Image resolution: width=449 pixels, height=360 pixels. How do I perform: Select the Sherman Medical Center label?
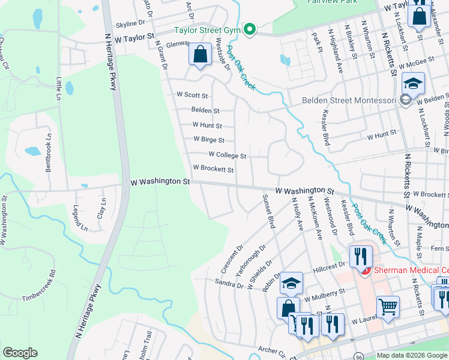(x=411, y=270)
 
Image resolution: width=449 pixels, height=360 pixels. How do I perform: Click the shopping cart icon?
(x=388, y=306)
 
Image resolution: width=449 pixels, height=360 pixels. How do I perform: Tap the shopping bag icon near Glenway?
(x=200, y=55)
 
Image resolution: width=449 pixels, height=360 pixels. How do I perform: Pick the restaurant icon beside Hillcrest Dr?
(x=360, y=256)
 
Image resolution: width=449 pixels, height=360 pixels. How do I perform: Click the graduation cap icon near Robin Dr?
(x=291, y=283)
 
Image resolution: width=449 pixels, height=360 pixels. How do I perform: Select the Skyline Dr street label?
(x=130, y=23)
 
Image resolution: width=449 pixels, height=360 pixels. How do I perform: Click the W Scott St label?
(x=192, y=95)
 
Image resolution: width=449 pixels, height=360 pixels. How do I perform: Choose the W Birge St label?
(x=208, y=140)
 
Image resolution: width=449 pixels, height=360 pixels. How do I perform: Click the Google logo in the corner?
(x=20, y=353)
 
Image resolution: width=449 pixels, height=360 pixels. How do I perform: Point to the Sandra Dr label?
(x=228, y=284)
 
